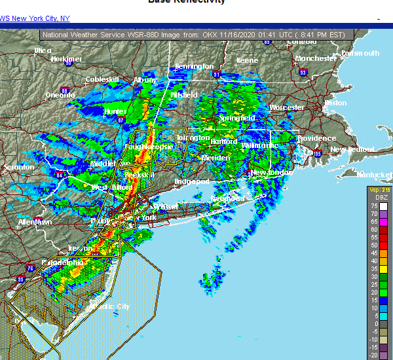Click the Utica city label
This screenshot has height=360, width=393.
pos(43,50)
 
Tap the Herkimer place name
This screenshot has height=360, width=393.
pos(67,59)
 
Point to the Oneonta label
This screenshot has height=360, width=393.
pos(60,95)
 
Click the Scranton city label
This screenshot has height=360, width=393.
pos(18,167)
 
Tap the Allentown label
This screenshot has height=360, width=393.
pos(35,222)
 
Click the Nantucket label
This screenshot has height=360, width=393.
pos(373,174)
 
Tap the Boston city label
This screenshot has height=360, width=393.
pos(335,103)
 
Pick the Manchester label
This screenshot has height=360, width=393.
pos(315,58)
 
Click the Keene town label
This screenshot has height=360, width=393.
pos(247,60)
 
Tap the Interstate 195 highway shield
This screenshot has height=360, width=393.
pos(318,154)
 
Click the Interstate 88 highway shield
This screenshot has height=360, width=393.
pos(64,90)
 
